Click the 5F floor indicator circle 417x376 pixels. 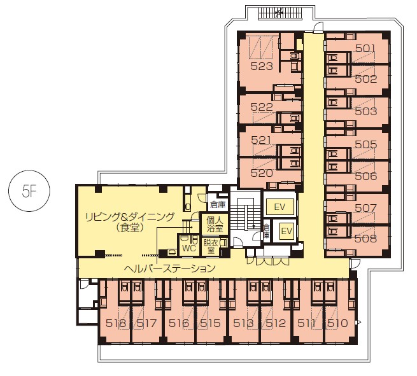(29, 191)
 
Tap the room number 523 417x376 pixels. (262, 66)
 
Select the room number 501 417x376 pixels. (365, 48)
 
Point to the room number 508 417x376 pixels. (366, 239)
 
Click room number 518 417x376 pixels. (116, 323)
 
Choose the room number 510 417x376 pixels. (338, 323)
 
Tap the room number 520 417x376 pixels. (262, 173)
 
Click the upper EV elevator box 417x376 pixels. (279, 207)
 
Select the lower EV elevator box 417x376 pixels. (286, 231)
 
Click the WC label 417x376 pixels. (189, 248)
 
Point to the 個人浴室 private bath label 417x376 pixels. (215, 225)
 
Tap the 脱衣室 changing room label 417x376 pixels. (211, 247)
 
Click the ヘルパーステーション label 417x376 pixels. (170, 268)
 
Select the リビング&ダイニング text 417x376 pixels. (130, 217)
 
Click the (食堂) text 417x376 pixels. (130, 228)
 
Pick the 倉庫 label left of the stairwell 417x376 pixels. (218, 204)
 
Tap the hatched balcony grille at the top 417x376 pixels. (280, 13)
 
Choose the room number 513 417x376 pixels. (243, 323)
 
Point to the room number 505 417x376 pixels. (366, 144)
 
